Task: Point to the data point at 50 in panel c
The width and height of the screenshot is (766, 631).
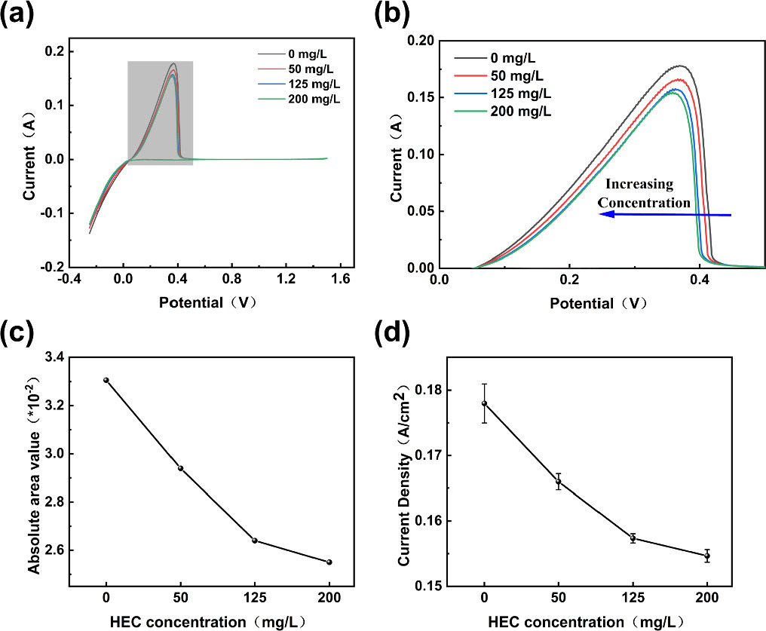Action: (x=180, y=468)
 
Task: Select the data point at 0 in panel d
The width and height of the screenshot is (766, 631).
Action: (x=484, y=403)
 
